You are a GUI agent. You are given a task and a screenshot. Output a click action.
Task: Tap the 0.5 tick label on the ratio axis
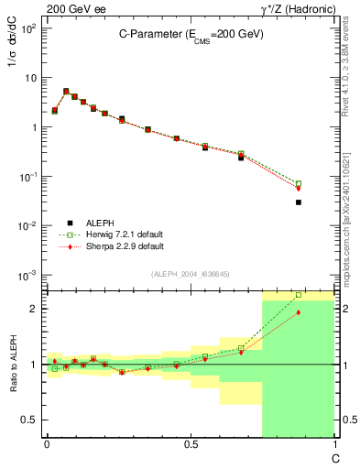tap(31, 420)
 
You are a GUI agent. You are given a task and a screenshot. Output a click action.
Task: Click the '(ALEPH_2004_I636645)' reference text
tap(190, 274)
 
